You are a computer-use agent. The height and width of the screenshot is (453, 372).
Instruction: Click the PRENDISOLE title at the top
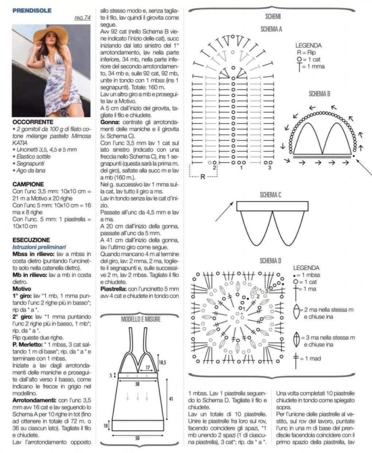32,10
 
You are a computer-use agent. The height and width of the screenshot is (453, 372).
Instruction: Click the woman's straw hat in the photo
51,34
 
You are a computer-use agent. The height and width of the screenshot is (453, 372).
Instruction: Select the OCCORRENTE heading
33,122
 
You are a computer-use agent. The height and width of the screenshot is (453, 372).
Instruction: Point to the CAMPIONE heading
28,184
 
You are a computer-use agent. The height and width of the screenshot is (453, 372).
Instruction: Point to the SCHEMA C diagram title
271,195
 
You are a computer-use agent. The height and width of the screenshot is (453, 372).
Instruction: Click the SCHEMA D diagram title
271,260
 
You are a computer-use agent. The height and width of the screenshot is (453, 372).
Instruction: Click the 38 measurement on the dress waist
137,384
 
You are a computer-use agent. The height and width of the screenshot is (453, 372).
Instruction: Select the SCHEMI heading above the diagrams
271,16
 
